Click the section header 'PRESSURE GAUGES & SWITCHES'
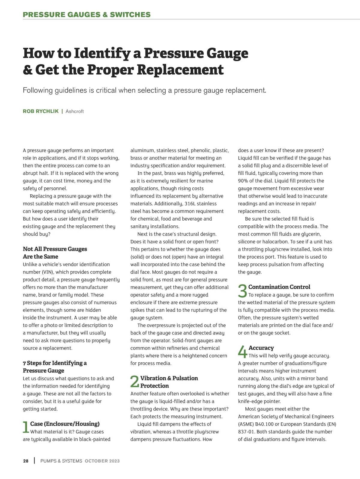(x=87, y=15)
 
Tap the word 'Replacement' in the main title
(x=180, y=70)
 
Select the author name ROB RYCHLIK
(x=40, y=111)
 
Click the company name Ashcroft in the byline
(x=74, y=111)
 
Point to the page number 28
(x=26, y=461)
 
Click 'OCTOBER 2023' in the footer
(x=102, y=461)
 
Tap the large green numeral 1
(x=26, y=427)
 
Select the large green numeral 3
(x=242, y=291)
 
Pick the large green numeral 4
(x=242, y=352)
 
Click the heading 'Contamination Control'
(x=279, y=287)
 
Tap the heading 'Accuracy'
(x=261, y=348)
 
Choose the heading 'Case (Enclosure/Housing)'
(x=65, y=424)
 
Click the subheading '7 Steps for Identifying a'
(x=55, y=363)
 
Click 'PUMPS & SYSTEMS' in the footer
(x=61, y=461)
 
